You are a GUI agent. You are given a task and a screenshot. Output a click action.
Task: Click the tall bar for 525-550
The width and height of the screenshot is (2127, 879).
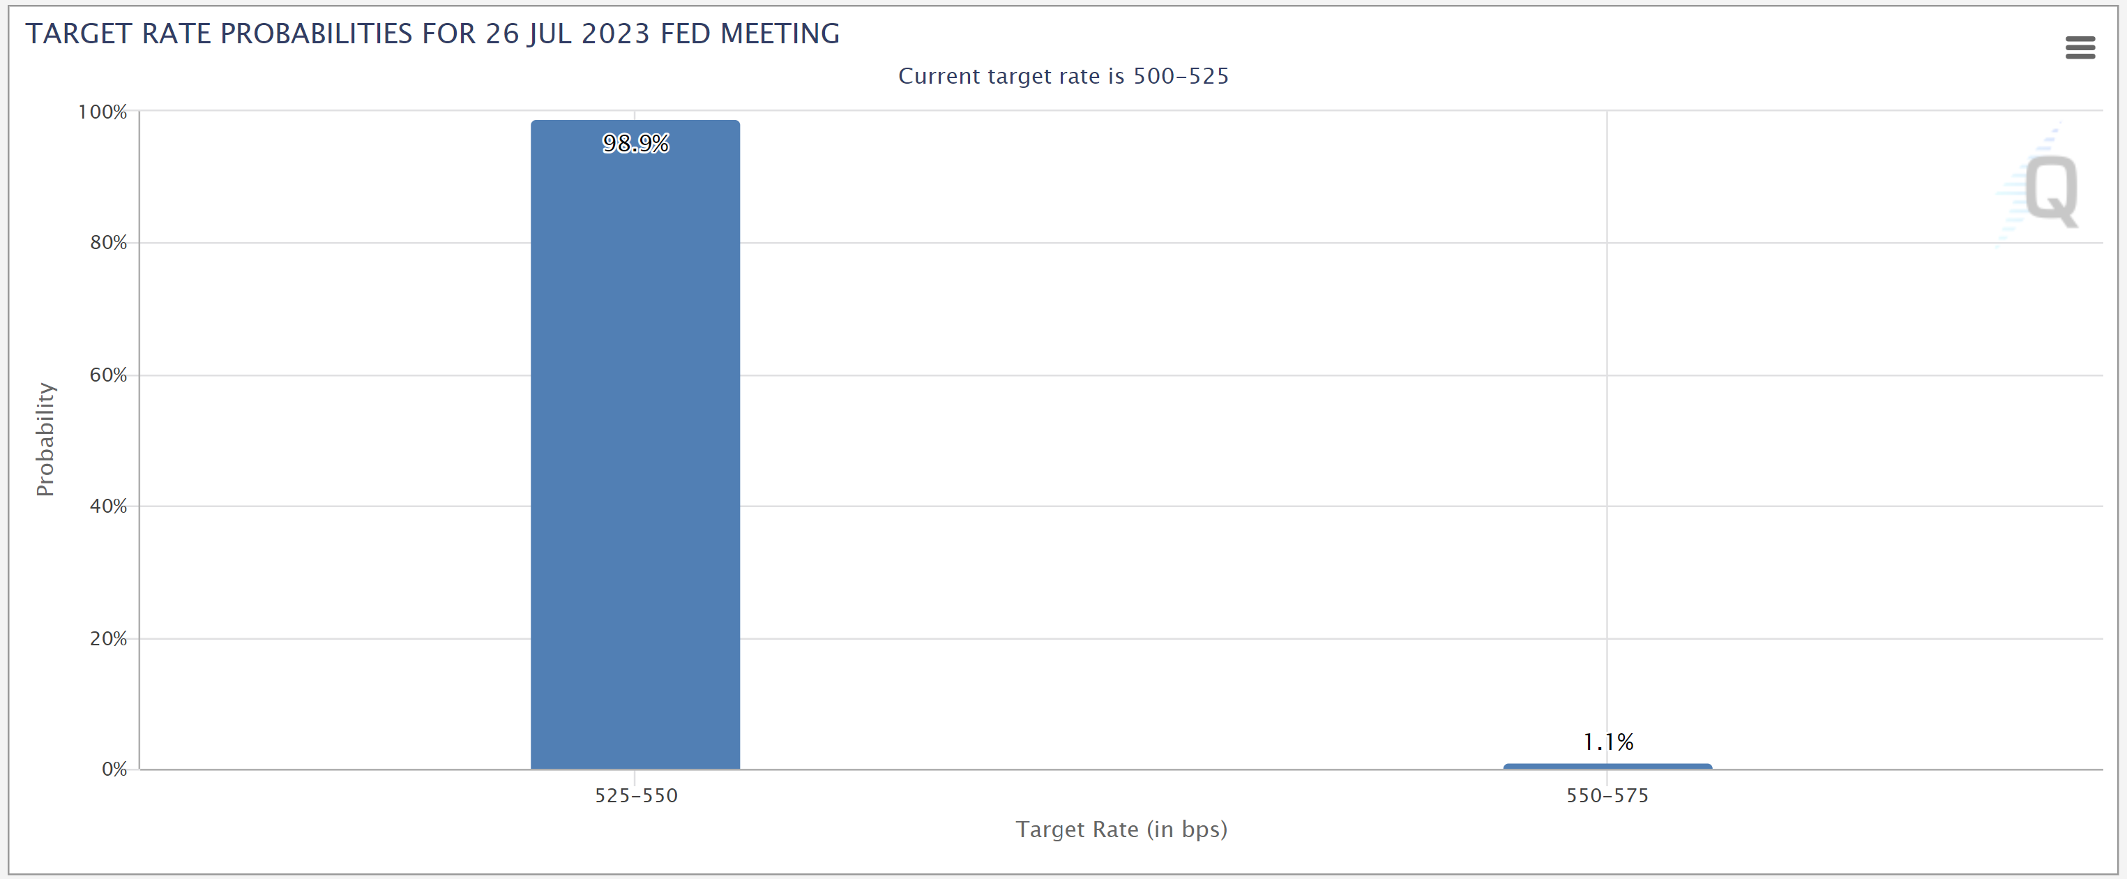(x=635, y=446)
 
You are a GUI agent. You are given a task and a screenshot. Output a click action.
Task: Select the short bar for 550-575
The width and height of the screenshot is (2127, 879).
(x=1607, y=767)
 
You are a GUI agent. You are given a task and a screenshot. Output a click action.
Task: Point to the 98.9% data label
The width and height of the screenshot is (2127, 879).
(x=635, y=144)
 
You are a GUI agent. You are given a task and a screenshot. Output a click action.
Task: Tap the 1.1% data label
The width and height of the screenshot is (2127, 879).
(x=1607, y=742)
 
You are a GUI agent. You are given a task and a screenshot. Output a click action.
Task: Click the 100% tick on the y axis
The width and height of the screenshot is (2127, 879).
(x=103, y=112)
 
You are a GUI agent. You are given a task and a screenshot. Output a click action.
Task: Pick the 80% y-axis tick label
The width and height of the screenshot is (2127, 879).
(x=108, y=242)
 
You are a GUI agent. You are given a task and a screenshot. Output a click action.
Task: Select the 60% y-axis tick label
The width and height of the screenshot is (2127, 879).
(x=108, y=375)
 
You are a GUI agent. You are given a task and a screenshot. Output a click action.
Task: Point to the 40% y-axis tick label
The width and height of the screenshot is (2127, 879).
(x=108, y=506)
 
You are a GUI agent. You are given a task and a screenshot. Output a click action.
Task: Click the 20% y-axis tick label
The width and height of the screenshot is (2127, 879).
(x=108, y=638)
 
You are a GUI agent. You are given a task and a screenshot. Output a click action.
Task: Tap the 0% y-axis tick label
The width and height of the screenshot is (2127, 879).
(x=114, y=769)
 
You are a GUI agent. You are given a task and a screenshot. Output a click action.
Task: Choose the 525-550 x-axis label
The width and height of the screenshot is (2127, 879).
(x=636, y=795)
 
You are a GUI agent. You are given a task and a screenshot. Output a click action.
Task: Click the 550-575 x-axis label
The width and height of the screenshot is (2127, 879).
(x=1607, y=795)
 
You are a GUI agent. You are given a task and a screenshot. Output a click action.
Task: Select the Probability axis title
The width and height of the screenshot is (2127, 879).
(x=45, y=439)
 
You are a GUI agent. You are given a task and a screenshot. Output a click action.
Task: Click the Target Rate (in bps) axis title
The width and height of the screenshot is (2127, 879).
(x=1121, y=829)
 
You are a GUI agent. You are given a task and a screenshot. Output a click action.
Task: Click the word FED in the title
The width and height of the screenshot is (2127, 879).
(x=686, y=34)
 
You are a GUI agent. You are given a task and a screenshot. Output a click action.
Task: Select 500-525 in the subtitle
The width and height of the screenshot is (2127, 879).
(x=1181, y=76)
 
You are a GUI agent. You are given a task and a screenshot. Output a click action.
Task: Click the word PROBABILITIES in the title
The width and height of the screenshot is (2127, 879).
(x=316, y=34)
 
